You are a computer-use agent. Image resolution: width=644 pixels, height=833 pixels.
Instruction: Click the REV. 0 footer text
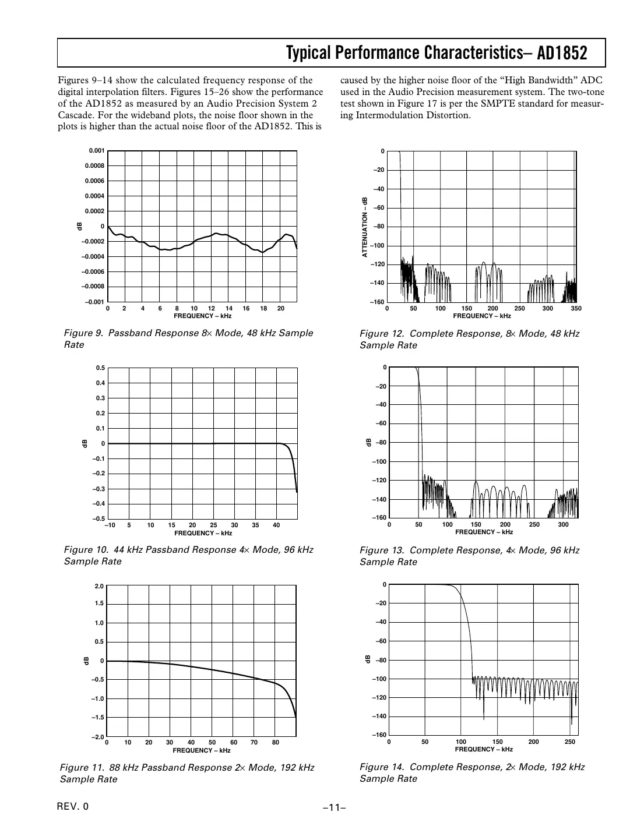tap(73, 806)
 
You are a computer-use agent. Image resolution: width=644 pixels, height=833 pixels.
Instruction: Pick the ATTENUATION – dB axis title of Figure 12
tap(365, 227)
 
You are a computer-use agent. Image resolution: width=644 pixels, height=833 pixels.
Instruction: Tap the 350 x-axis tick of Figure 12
tap(576, 308)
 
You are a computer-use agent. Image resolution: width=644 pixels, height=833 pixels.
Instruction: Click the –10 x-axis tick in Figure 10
tap(109, 525)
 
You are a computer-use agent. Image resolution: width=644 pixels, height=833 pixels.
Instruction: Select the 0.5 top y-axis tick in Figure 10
tap(100, 368)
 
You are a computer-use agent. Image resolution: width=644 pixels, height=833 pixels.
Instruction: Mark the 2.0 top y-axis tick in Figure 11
tap(98, 586)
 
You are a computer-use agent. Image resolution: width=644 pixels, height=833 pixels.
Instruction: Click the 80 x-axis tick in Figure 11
tap(275, 743)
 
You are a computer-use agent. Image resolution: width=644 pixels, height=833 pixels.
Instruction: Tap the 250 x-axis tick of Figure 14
tap(570, 742)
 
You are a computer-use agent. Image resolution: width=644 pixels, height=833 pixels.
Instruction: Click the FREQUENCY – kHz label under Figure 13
tap(484, 532)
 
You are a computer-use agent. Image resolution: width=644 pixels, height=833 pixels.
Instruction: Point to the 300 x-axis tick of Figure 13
tap(563, 525)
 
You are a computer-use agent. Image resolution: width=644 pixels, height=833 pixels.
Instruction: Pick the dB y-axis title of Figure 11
tap(85, 661)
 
